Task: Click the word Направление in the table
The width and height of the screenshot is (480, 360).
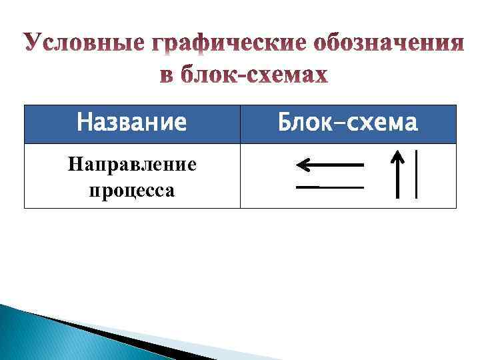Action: pos(132,164)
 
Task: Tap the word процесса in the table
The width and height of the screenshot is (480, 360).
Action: pos(132,191)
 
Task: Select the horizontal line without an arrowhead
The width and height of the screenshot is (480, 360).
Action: pos(330,187)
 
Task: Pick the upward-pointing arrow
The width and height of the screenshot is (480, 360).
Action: pos(397,175)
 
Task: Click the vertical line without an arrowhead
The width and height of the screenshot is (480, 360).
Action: pos(417,174)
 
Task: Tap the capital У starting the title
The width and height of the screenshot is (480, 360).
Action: pos(32,43)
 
